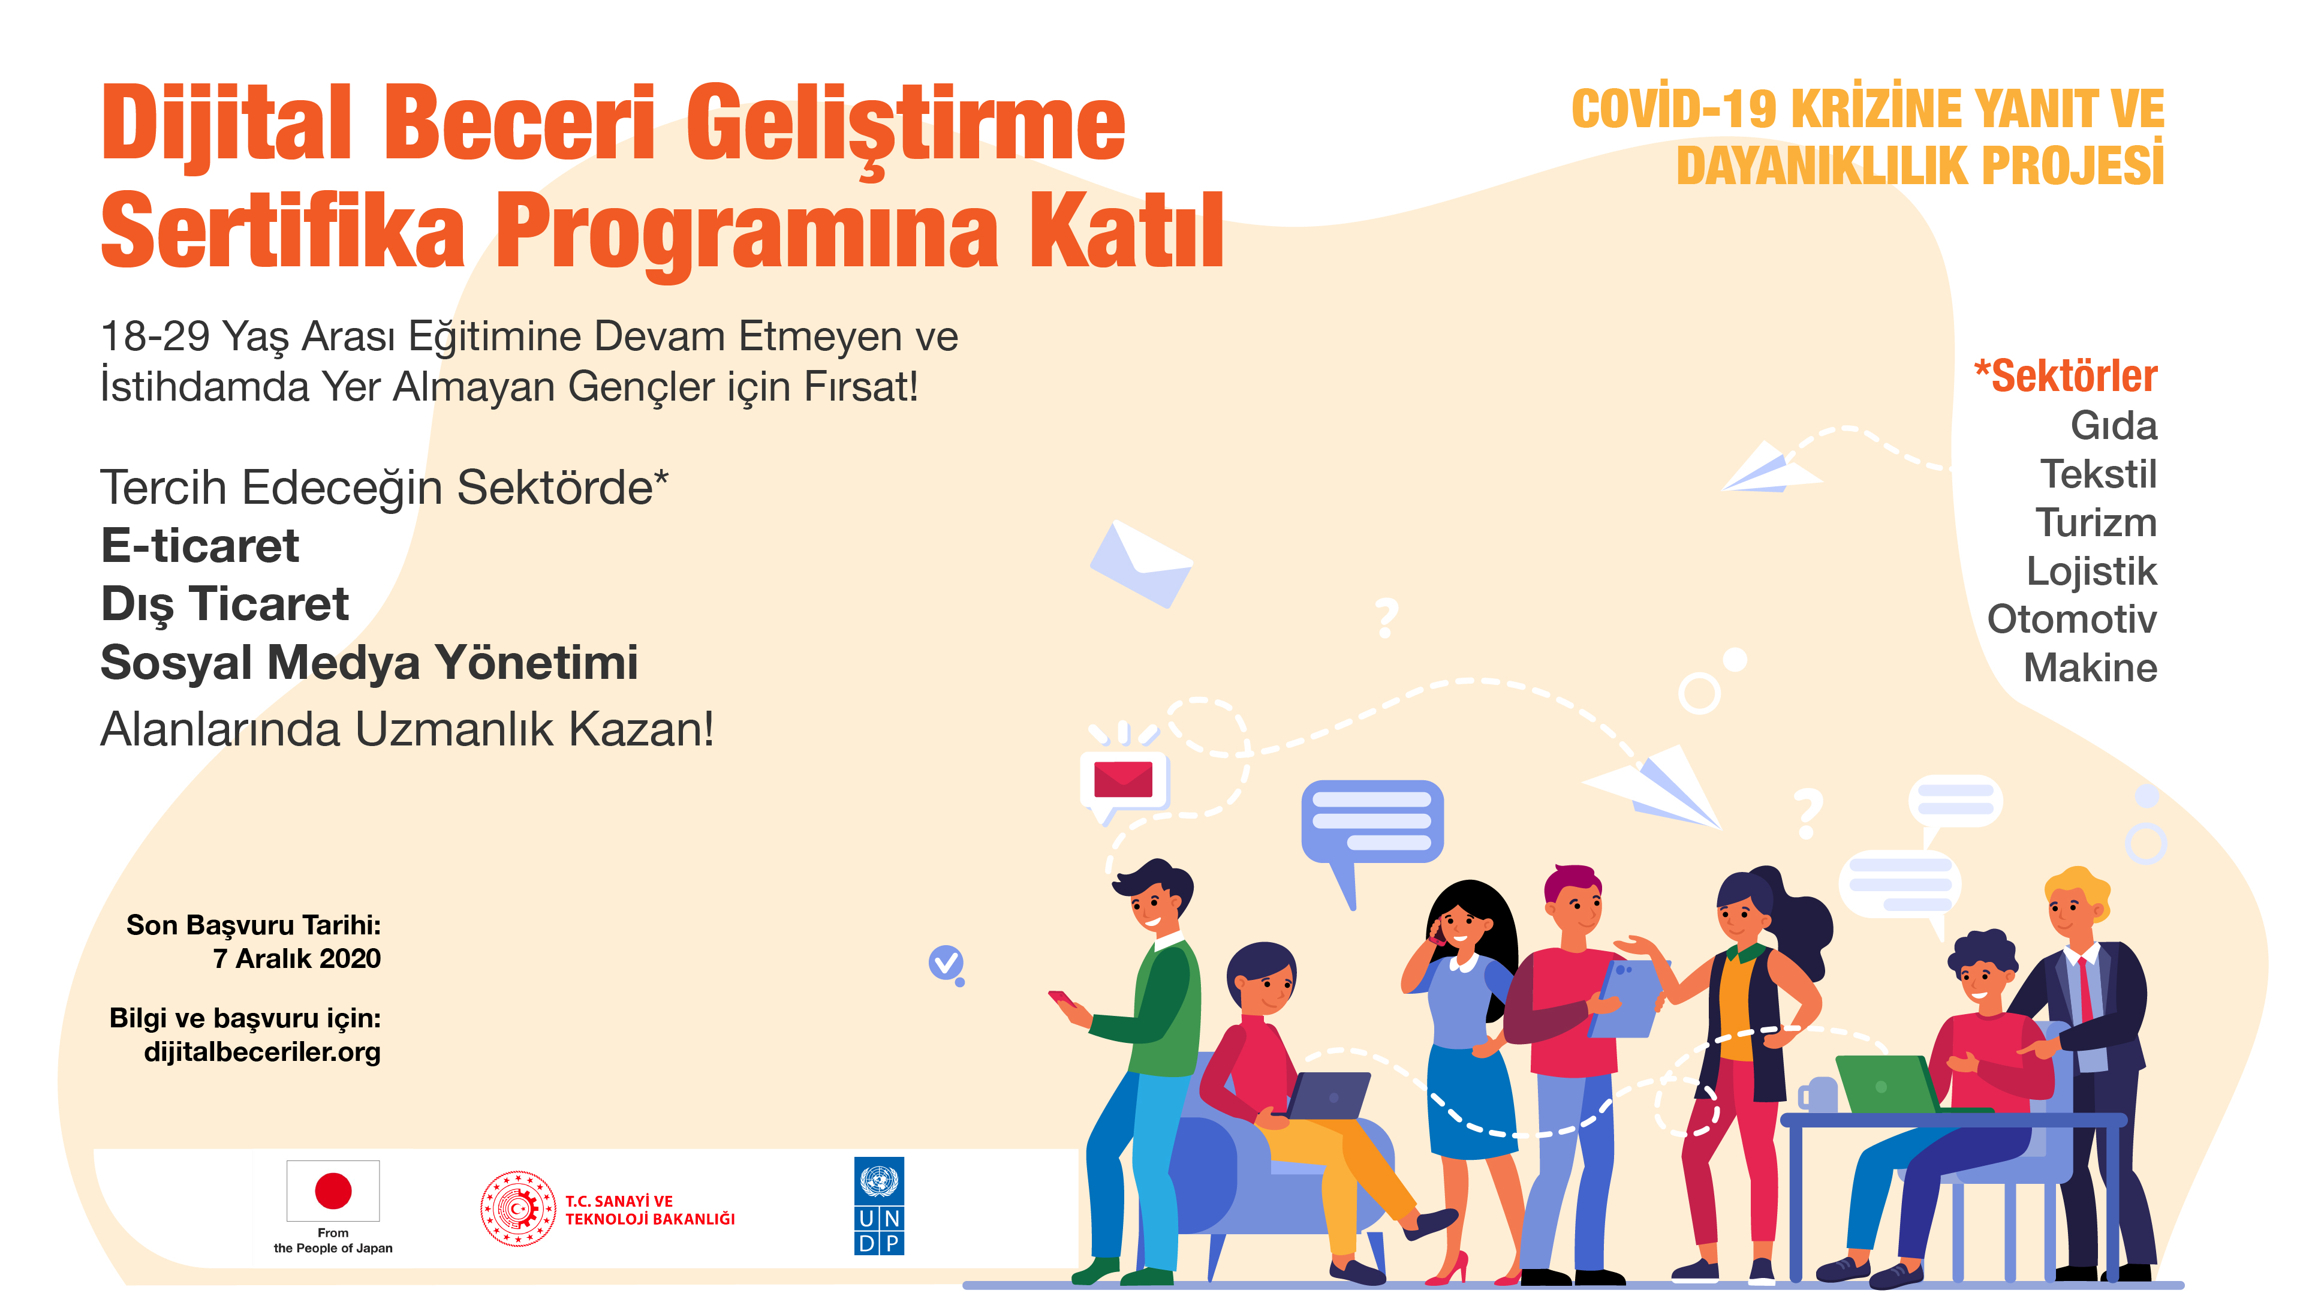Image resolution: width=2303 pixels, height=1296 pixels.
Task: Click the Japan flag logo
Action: click(x=333, y=1190)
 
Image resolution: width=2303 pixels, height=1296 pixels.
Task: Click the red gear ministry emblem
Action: click(x=517, y=1209)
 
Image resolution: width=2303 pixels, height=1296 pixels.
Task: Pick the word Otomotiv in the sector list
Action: click(x=2072, y=619)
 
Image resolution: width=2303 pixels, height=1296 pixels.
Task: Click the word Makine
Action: click(x=2090, y=667)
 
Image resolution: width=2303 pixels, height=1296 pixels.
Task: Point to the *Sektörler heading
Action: click(x=2065, y=375)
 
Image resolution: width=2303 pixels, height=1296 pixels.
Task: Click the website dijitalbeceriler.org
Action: click(x=262, y=1052)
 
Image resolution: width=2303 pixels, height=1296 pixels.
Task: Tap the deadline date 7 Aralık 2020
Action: click(x=297, y=958)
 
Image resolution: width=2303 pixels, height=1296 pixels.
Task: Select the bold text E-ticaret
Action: click(x=200, y=546)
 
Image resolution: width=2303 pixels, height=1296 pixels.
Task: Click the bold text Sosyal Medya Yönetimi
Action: click(x=369, y=663)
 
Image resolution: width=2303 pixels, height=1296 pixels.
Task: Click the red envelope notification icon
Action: click(x=1123, y=780)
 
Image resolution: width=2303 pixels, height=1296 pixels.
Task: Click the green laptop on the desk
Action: click(x=1884, y=1084)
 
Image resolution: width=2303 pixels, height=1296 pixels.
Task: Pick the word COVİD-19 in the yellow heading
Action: click(x=1673, y=110)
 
